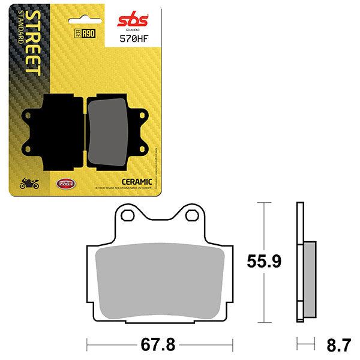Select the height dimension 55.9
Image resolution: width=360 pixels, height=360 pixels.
coord(266,262)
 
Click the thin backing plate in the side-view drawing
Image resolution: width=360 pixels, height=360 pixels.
coord(299,264)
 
